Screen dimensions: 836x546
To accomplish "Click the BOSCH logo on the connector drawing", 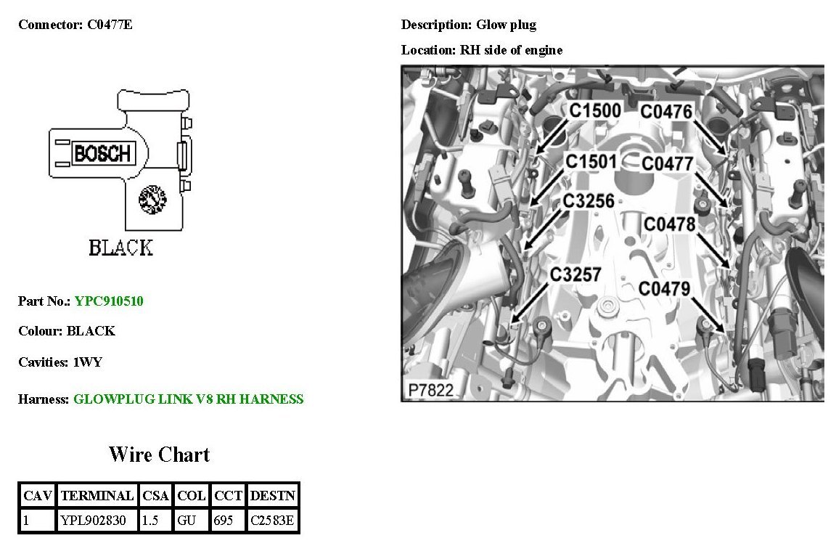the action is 102,153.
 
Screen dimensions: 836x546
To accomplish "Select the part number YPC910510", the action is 109,301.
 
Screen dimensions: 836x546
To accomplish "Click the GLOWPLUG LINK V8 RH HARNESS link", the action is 189,399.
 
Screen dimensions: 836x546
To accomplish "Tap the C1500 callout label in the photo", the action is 594,111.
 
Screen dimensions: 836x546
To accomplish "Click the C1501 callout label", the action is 591,161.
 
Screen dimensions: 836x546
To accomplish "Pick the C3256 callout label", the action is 588,201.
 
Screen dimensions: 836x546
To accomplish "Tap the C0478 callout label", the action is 669,224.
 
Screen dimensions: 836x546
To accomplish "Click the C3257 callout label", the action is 575,274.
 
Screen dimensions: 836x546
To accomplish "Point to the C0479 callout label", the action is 664,288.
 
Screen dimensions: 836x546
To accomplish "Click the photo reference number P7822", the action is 430,390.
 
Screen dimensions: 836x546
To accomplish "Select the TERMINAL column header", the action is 97,496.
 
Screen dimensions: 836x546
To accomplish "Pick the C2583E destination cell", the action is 273,521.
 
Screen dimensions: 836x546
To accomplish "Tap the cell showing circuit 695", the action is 228,521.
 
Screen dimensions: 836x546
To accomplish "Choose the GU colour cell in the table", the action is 192,521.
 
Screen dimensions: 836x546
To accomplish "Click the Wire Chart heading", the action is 159,455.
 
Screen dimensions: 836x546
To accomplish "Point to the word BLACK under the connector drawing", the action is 120,248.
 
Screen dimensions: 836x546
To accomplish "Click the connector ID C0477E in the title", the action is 110,25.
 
